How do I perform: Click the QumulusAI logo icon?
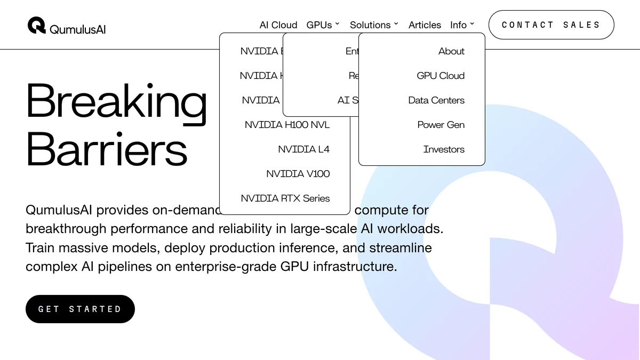pyautogui.click(x=37, y=25)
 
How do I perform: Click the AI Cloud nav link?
pyautogui.click(x=278, y=25)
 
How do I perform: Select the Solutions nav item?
pyautogui.click(x=374, y=25)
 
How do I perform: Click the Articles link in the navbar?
pyautogui.click(x=425, y=25)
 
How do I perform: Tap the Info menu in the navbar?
pyautogui.click(x=462, y=25)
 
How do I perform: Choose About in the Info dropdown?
pyautogui.click(x=451, y=51)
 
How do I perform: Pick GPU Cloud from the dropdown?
pyautogui.click(x=441, y=76)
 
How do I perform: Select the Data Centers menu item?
pyautogui.click(x=436, y=100)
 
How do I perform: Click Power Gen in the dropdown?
pyautogui.click(x=441, y=125)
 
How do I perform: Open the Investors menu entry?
pyautogui.click(x=444, y=149)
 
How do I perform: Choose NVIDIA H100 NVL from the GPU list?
pyautogui.click(x=287, y=125)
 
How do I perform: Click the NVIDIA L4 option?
pyautogui.click(x=303, y=149)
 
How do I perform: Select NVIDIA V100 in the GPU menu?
pyautogui.click(x=298, y=174)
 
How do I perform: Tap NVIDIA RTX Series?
pyautogui.click(x=285, y=198)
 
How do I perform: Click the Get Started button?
pyautogui.click(x=80, y=309)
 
